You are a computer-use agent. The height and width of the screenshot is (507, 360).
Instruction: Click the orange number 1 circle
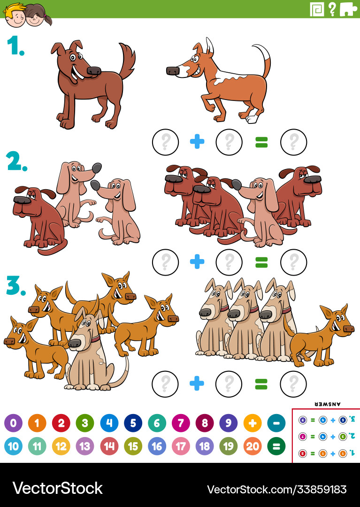point(37,423)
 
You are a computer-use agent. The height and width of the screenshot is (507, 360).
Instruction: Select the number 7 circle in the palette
point(181,423)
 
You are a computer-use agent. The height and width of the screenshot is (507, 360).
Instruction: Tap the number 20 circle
point(253,446)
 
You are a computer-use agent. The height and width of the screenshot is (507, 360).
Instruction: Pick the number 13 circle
point(85,446)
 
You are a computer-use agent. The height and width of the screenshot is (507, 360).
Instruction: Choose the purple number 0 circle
point(13,423)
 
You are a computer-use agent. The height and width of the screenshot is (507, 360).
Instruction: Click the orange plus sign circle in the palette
point(253,423)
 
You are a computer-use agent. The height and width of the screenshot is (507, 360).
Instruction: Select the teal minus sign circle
point(276,423)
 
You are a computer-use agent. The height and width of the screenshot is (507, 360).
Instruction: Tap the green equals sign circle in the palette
point(276,446)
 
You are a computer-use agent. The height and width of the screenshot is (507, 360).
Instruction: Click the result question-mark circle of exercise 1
point(293,142)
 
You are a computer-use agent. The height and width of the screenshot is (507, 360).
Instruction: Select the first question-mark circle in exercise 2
point(165,262)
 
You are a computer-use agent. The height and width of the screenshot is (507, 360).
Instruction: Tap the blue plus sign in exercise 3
point(197,384)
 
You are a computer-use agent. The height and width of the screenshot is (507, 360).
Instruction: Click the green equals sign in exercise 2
point(261,262)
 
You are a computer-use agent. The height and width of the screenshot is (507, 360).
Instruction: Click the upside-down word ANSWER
point(327,404)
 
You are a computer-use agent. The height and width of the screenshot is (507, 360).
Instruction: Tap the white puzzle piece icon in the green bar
point(348,9)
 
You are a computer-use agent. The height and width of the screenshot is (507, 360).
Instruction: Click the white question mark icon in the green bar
point(332,9)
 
